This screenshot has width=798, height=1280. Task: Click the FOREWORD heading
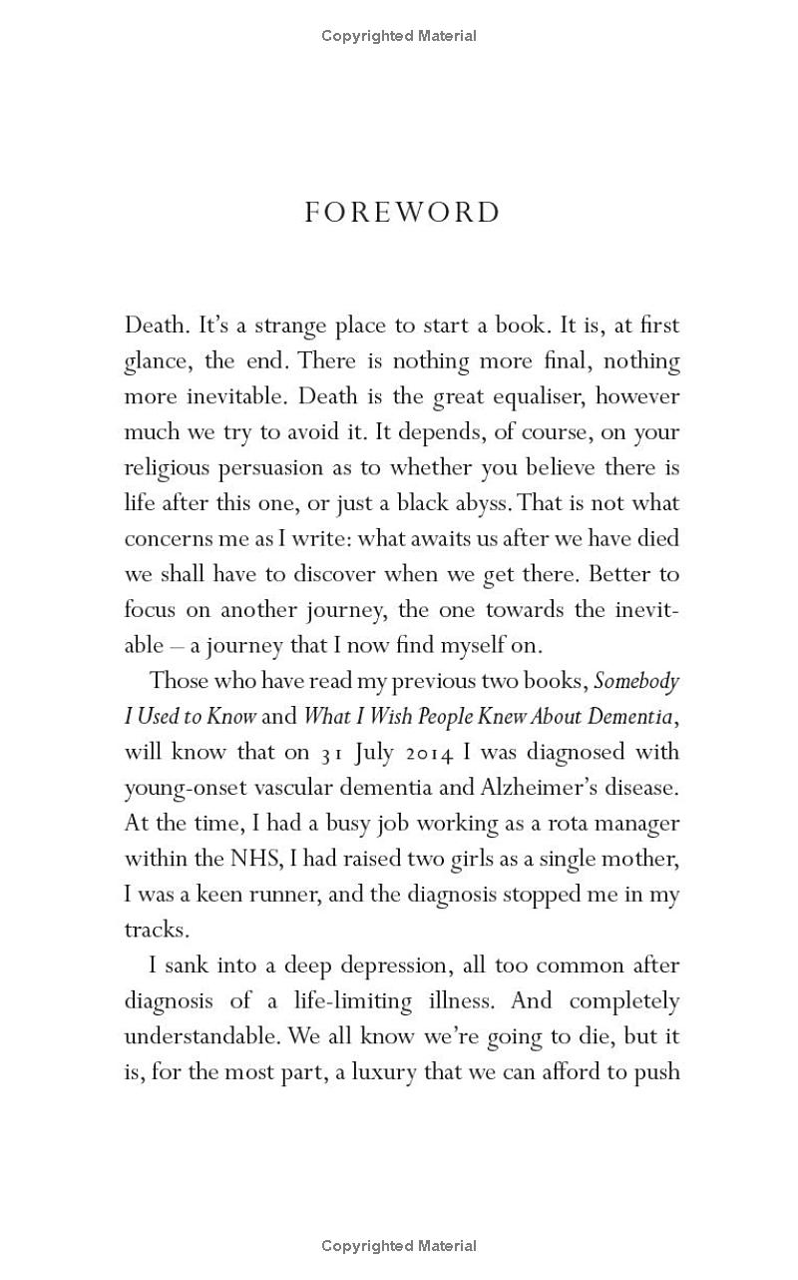coord(402,213)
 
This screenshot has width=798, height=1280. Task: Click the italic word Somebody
coord(636,681)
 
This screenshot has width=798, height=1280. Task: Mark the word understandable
coord(201,1036)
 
